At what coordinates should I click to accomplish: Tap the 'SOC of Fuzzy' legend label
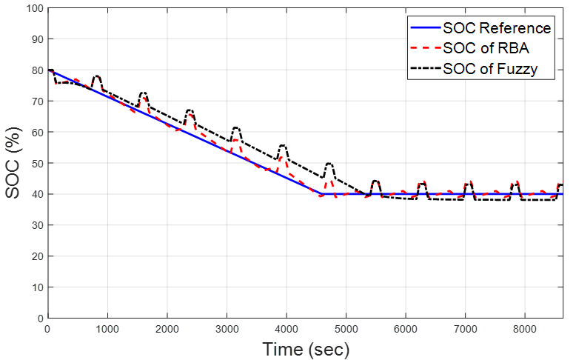tap(490, 70)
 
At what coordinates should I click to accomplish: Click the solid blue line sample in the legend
tap(424, 28)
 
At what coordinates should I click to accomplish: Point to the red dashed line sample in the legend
tap(424, 49)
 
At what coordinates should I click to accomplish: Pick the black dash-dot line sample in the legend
tap(424, 70)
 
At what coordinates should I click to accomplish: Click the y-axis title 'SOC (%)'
tap(13, 163)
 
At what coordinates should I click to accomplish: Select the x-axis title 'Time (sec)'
tap(305, 348)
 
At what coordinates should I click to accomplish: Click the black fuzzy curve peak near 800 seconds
tap(96, 76)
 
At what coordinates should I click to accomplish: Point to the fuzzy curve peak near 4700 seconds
tap(329, 164)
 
